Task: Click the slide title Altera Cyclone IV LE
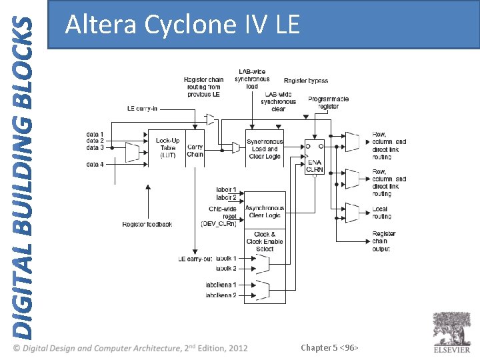point(183,25)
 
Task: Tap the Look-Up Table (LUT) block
point(167,148)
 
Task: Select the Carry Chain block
point(195,151)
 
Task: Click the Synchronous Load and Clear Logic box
point(265,149)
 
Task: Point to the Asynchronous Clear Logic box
point(265,212)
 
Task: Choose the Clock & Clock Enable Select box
point(265,242)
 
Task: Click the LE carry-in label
point(142,109)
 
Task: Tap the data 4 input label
point(95,164)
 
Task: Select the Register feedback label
point(147,224)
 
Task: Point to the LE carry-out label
point(195,258)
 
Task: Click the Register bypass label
point(306,81)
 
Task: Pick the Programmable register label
point(328,103)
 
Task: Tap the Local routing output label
point(381,213)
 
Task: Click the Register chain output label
point(383,241)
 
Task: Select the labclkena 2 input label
point(221,295)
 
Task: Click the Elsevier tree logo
point(451,329)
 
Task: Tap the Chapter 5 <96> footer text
point(330,347)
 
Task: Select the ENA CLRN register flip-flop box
point(314,157)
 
